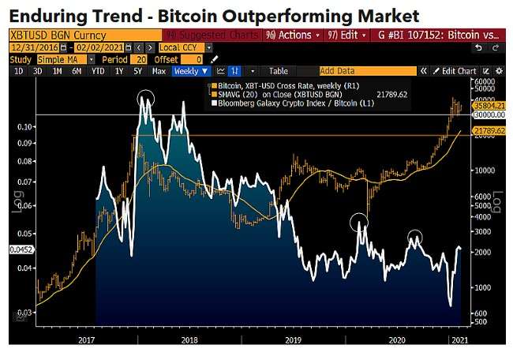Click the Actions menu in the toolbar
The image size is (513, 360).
point(294,35)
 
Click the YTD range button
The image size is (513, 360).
point(98,71)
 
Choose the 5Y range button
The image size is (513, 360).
point(137,71)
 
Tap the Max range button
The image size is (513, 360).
point(159,71)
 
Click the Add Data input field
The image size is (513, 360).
point(363,71)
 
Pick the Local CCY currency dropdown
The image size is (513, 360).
point(185,47)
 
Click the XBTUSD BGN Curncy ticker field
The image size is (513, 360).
point(47,35)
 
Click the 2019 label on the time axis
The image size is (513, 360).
point(292,339)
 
